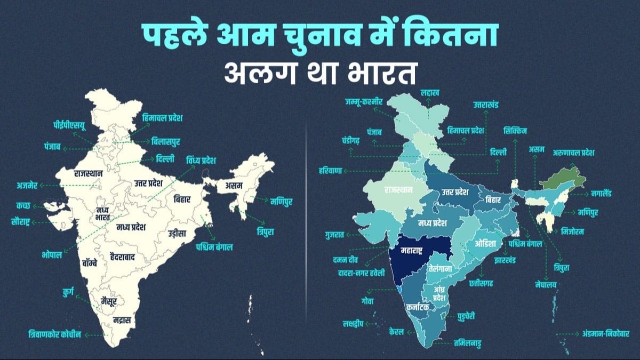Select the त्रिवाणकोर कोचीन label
55,334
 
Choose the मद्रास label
121,320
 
